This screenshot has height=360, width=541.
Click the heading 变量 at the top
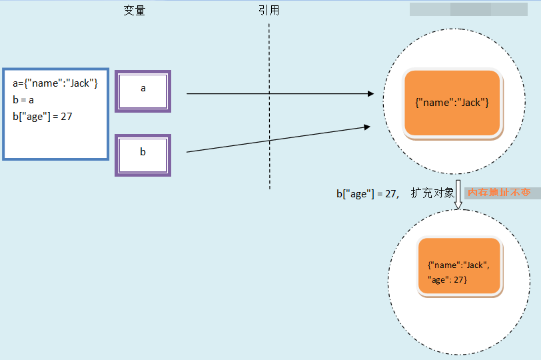135,11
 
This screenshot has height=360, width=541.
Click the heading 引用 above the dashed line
269,11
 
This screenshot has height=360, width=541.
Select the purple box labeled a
143,91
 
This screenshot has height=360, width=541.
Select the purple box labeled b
143,155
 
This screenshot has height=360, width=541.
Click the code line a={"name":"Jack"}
55,83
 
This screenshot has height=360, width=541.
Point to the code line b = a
23,100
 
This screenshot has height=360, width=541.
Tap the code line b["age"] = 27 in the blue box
43,117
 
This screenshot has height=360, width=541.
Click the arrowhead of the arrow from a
370,94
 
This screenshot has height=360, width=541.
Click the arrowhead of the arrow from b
367,125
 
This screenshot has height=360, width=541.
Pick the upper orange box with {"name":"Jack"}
452,104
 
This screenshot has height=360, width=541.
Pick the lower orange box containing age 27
459,266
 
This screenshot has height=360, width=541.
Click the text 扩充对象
432,193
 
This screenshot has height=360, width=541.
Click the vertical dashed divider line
269,107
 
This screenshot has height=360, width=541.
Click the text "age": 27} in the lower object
448,280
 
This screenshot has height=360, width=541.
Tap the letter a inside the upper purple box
143,88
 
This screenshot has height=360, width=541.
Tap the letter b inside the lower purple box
143,152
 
